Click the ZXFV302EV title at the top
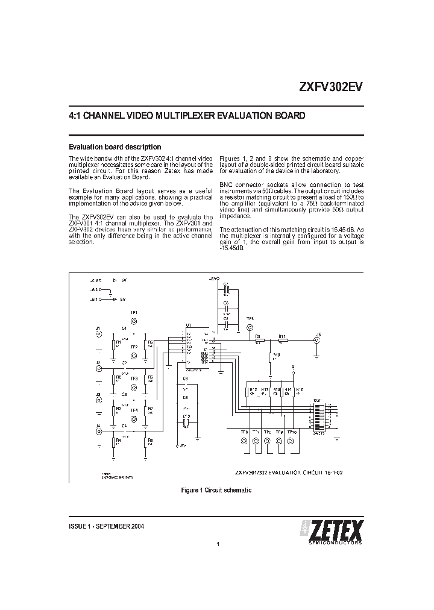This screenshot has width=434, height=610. pyautogui.click(x=330, y=86)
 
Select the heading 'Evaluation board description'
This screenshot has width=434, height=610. pyautogui.click(x=114, y=146)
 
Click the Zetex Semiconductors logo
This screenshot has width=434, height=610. pyautogui.click(x=331, y=532)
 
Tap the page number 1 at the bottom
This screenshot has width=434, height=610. pyautogui.click(x=217, y=545)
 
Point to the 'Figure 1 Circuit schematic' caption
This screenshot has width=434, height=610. pyautogui.click(x=216, y=491)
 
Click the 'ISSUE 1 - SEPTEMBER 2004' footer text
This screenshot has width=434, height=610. pyautogui.click(x=106, y=526)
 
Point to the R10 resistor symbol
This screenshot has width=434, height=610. pyautogui.click(x=271, y=359)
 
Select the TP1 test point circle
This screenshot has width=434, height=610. pyautogui.click(x=134, y=320)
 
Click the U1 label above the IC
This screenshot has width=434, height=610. pyautogui.click(x=188, y=325)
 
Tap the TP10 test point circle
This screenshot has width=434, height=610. pyautogui.click(x=292, y=442)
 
